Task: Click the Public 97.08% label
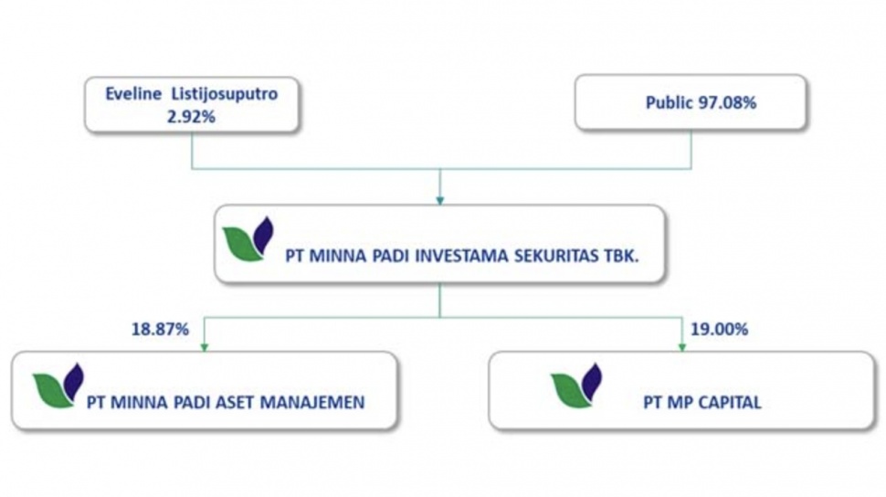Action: click(x=690, y=103)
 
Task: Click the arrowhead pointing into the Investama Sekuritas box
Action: click(x=440, y=198)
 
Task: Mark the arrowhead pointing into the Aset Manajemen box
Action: click(x=204, y=346)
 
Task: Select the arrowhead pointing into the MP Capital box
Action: click(x=681, y=346)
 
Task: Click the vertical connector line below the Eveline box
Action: click(x=192, y=151)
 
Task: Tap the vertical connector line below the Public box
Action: click(x=691, y=151)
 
